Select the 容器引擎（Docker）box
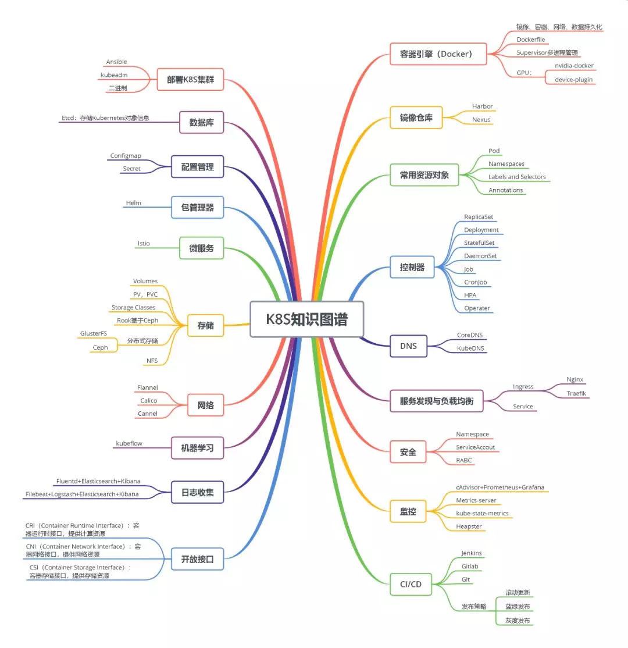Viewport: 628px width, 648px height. [438, 54]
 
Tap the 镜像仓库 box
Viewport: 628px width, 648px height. [416, 118]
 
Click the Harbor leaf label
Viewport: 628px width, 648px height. [482, 106]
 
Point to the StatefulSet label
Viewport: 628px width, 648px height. [479, 243]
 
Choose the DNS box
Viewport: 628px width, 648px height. [408, 346]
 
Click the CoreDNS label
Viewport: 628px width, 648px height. [469, 335]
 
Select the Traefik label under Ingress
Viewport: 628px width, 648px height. [577, 393]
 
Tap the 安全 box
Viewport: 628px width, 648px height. [408, 451]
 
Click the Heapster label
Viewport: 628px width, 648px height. [469, 526]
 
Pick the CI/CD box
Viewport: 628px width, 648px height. [411, 584]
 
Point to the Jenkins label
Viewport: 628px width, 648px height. [471, 553]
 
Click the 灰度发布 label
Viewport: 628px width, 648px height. [518, 621]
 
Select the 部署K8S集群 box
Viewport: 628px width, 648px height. [190, 80]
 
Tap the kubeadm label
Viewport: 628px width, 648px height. [114, 75]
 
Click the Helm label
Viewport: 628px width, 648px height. [133, 203]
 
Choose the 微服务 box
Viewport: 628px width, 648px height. [201, 248]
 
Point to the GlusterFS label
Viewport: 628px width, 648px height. [94, 333]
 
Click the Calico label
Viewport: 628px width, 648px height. [148, 400]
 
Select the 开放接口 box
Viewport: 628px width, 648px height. [198, 560]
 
